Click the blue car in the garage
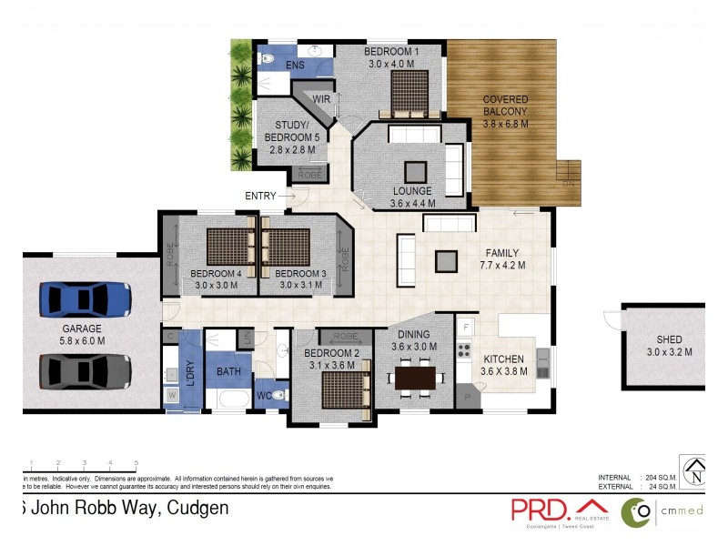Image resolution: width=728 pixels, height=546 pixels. pyautogui.click(x=85, y=298)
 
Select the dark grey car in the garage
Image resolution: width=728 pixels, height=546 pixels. pyautogui.click(x=85, y=369)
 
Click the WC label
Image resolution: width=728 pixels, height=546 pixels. pyautogui.click(x=264, y=396)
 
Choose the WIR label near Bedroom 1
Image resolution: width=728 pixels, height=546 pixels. pyautogui.click(x=321, y=97)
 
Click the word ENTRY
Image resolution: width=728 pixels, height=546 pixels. pyautogui.click(x=260, y=196)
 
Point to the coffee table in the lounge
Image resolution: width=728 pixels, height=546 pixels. pyautogui.click(x=416, y=172)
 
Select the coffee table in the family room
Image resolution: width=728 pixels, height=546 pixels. pyautogui.click(x=447, y=261)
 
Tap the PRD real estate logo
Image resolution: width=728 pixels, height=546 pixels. pyautogui.click(x=558, y=510)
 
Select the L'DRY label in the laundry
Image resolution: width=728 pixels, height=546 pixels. pyautogui.click(x=191, y=373)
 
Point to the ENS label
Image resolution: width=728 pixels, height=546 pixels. pyautogui.click(x=295, y=66)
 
